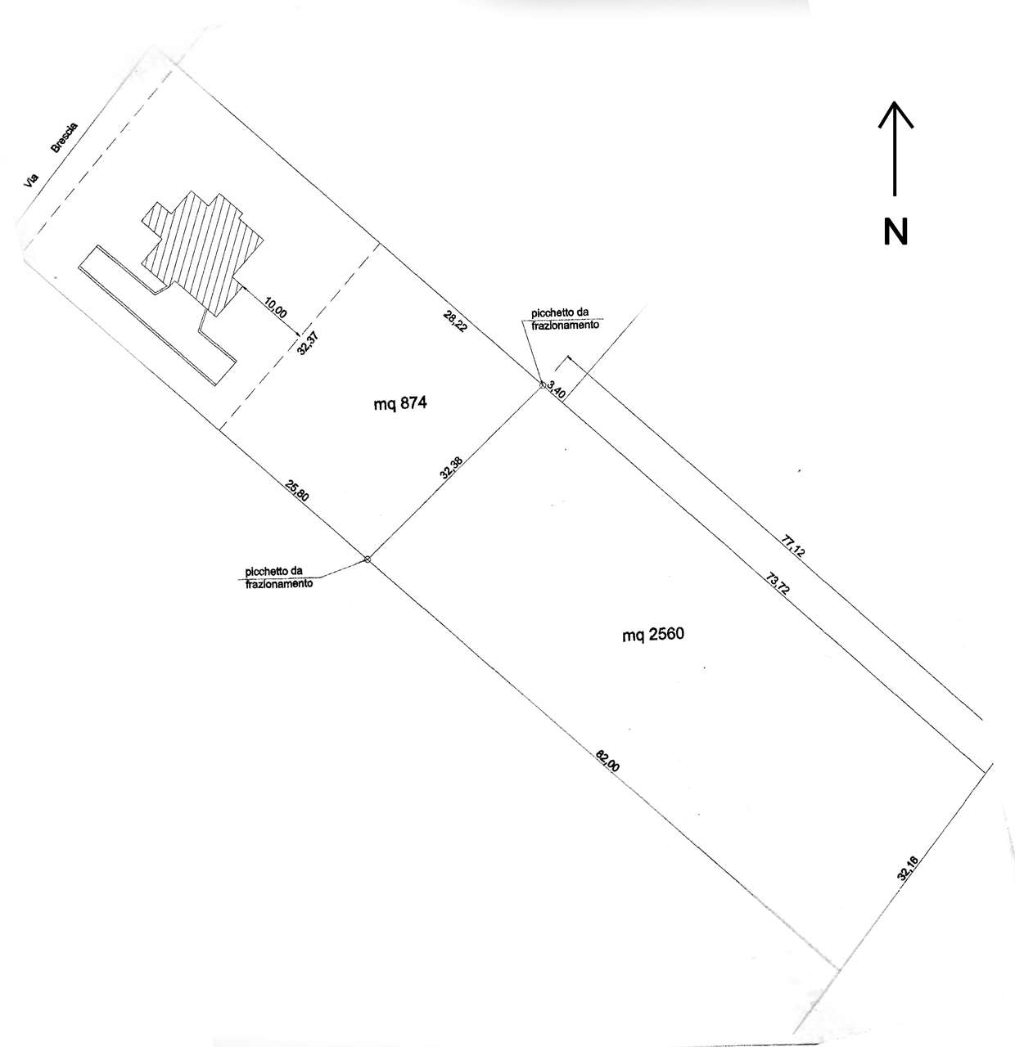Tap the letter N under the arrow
pyautogui.click(x=896, y=231)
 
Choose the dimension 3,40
pyautogui.click(x=556, y=389)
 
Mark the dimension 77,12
pyautogui.click(x=794, y=546)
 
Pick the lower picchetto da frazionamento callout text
pyautogui.click(x=278, y=577)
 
